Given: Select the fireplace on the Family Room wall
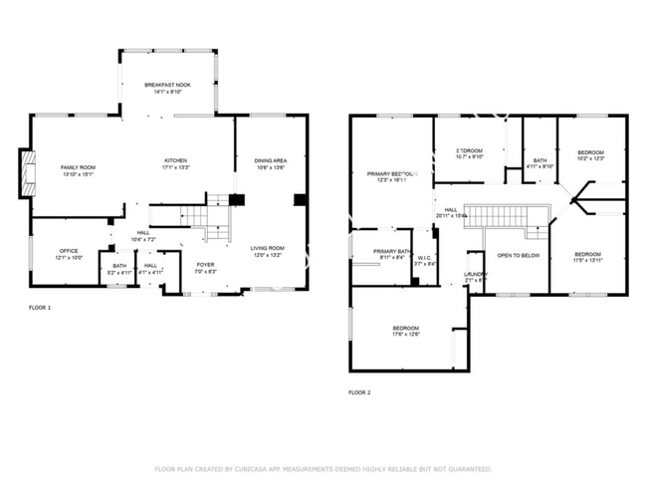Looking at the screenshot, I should (28, 172).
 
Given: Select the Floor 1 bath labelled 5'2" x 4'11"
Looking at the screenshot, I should (119, 269).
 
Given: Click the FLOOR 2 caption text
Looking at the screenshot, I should (359, 392).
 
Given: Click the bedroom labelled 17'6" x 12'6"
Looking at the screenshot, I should (405, 332).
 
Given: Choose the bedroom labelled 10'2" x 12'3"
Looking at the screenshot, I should (590, 156).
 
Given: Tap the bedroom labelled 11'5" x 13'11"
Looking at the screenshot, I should (587, 257).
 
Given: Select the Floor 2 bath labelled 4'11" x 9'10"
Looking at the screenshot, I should (539, 163).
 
